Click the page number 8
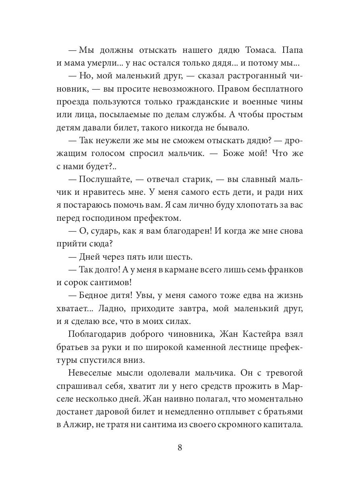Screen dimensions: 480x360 coord(180,447)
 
